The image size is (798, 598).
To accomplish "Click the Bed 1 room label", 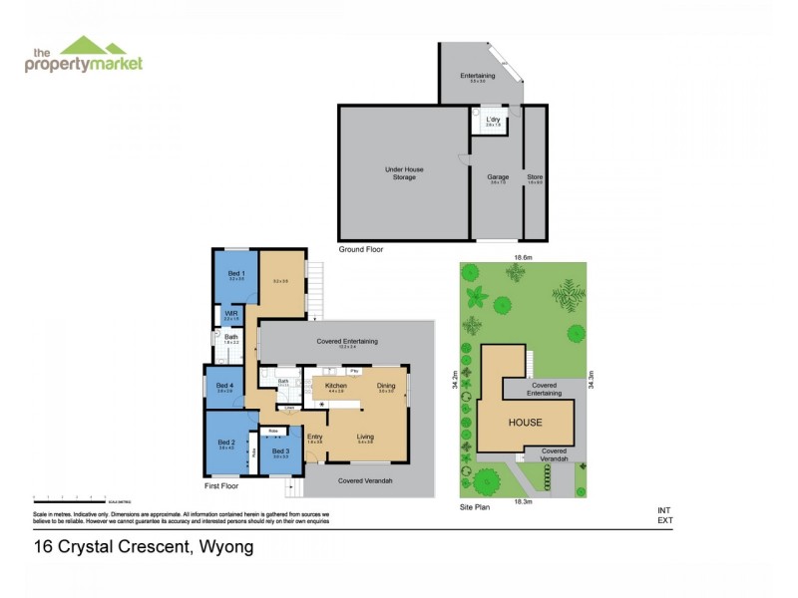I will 236,273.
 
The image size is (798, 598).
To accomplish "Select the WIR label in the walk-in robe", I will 230,313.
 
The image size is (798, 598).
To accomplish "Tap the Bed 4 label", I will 225,385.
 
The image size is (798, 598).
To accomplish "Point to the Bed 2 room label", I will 225,442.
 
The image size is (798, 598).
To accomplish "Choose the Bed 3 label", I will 280,452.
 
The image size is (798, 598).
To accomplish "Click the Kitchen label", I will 335,385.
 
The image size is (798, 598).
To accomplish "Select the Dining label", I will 386,385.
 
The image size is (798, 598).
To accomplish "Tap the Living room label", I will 365,436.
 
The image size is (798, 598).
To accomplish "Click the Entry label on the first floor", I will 315,436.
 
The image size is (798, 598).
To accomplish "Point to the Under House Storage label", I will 404,173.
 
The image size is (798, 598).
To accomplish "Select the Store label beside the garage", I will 535,177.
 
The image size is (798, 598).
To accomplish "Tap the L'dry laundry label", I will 492,121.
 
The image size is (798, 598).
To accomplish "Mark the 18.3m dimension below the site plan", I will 521,502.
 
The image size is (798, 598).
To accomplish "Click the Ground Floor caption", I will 360,249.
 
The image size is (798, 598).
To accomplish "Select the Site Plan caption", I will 475,507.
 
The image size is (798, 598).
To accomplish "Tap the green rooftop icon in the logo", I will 93,46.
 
